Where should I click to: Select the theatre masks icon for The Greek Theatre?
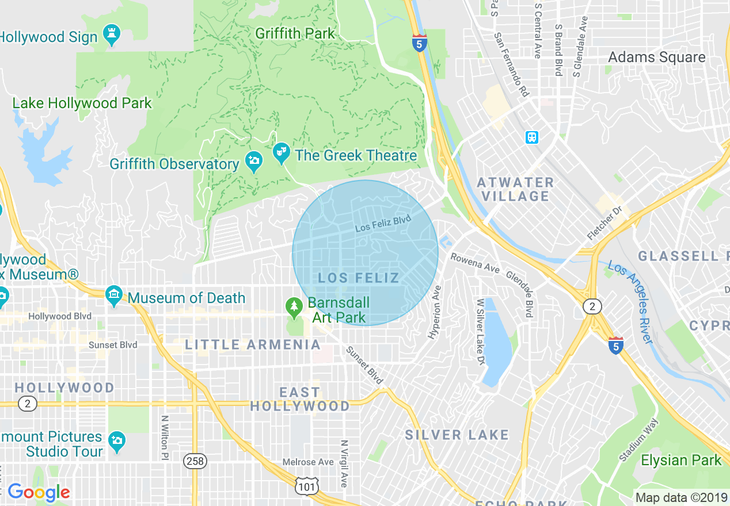(282, 154)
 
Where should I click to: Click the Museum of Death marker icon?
(114, 297)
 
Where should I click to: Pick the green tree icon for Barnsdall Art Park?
(294, 308)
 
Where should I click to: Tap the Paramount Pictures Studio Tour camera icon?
(116, 442)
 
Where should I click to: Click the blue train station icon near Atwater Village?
(532, 137)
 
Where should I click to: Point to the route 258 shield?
(195, 461)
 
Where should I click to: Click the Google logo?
(39, 492)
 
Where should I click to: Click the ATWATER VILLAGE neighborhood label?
(515, 190)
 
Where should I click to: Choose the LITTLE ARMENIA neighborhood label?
(253, 345)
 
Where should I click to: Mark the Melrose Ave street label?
(308, 462)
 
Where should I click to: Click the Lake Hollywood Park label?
(82, 103)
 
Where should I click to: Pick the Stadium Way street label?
(638, 440)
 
